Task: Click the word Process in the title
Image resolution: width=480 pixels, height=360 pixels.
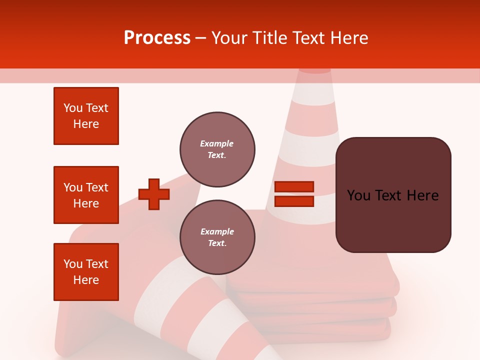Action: tap(157, 38)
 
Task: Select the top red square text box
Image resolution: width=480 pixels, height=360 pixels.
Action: tap(86, 116)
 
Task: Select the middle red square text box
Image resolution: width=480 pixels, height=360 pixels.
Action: tap(86, 195)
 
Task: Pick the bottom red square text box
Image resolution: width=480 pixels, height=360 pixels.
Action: tap(86, 272)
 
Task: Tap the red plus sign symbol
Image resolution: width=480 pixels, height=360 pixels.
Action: tap(154, 194)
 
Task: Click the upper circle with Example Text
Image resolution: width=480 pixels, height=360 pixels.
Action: tap(217, 149)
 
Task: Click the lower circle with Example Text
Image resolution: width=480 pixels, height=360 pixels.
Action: tap(217, 237)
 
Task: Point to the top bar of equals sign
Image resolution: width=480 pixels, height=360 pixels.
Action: tap(294, 187)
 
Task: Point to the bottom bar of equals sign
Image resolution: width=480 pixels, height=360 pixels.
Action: tap(294, 201)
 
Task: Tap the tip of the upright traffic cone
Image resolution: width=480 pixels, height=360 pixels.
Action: tap(314, 71)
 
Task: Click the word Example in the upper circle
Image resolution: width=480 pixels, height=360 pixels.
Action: tap(216, 143)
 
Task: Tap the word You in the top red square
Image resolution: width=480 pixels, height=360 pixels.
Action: tap(73, 108)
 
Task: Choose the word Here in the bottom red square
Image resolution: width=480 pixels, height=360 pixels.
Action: tap(86, 280)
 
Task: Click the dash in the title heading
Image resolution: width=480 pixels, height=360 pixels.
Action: tap(200, 38)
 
